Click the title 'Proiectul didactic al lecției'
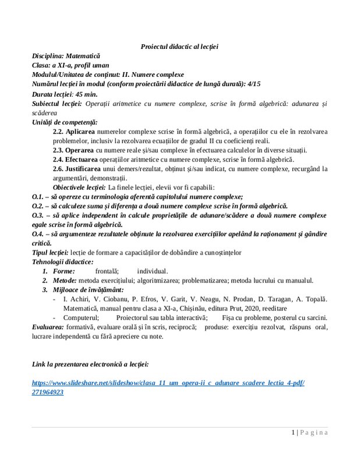[x=179, y=45]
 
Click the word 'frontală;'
[x=107, y=271]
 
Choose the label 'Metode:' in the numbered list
[x=63, y=280]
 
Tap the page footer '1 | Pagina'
[x=310, y=432]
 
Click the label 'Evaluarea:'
[x=48, y=327]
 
